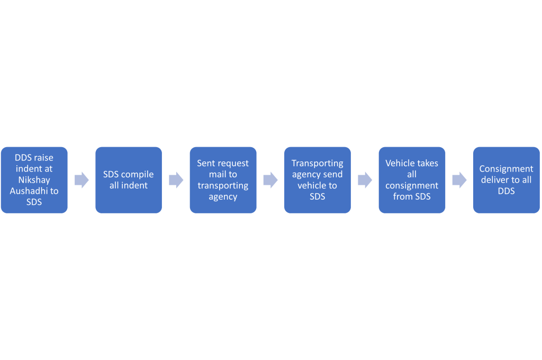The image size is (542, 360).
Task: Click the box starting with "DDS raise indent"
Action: (34, 180)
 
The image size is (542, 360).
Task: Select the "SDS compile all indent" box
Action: (129, 180)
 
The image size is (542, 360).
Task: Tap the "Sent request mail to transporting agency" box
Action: (223, 180)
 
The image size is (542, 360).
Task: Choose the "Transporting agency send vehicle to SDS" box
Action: (318, 180)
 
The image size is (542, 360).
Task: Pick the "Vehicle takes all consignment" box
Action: (412, 180)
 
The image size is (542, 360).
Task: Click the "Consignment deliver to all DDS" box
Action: (507, 180)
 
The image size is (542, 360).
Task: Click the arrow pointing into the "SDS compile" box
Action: (82, 180)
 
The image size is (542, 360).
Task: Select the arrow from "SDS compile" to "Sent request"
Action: (176, 180)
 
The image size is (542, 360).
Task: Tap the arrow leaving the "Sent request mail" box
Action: (270, 180)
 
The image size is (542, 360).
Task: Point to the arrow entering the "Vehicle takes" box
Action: (365, 180)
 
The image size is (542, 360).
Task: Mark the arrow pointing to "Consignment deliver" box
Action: (459, 180)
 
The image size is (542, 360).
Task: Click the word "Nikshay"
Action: (34, 180)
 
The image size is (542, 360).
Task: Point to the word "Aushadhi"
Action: (30, 191)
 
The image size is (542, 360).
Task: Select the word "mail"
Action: (217, 174)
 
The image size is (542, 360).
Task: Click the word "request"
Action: (231, 164)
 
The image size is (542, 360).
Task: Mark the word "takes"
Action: (427, 163)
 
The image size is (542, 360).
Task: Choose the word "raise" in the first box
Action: (43, 158)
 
